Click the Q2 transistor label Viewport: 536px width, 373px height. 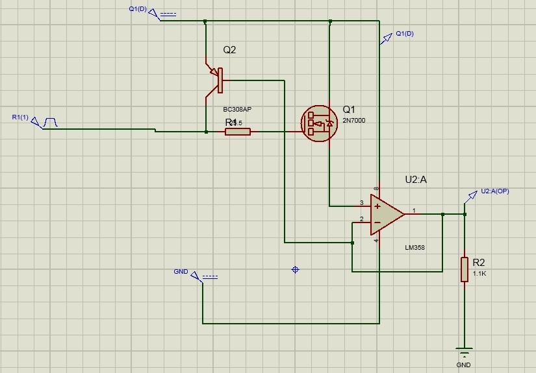229,50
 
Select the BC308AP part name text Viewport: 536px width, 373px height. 237,110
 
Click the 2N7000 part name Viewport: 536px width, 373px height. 354,120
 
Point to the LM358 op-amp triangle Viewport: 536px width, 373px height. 386,213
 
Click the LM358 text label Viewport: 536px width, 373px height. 414,247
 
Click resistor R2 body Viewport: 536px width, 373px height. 465,269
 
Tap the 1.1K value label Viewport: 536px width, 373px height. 479,274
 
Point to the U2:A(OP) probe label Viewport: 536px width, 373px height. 495,191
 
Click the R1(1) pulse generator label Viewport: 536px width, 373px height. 20,117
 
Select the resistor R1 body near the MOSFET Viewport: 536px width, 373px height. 238,132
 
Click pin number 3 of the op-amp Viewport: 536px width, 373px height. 361,203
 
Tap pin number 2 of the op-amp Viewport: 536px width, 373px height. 361,219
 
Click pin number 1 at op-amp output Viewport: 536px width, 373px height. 414,210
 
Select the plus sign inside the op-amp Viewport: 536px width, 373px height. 377,206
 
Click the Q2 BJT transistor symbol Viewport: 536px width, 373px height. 216,81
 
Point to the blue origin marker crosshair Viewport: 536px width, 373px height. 295,269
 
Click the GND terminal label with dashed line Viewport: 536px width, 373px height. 181,271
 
